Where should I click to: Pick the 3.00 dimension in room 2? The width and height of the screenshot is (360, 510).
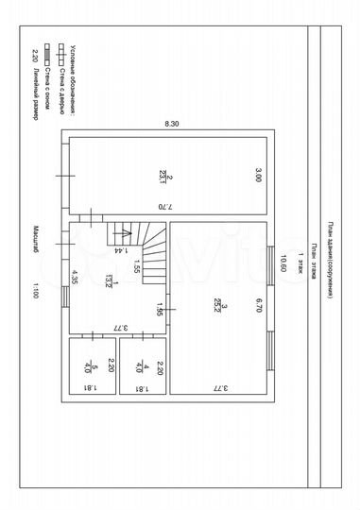[257, 174]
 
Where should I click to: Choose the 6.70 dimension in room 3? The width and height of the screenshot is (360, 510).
[257, 303]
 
